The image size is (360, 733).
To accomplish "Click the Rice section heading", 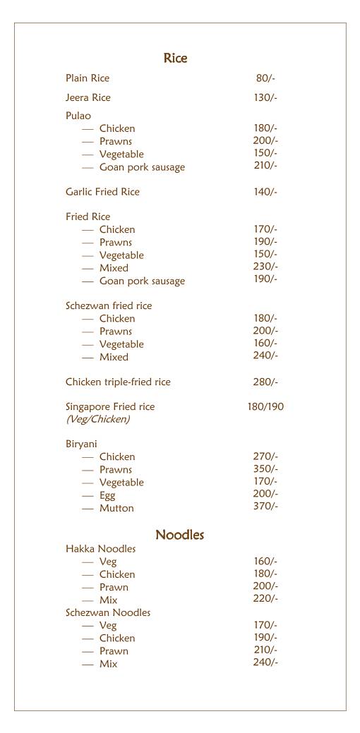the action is pyautogui.click(x=175, y=58).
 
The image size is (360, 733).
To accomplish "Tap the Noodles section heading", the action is pyautogui.click(x=179, y=535).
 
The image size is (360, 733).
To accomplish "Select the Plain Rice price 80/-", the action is pyautogui.click(x=265, y=78).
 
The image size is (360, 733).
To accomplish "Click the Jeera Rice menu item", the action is pyautogui.click(x=88, y=97).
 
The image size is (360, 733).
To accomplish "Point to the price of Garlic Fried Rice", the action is pyautogui.click(x=265, y=192).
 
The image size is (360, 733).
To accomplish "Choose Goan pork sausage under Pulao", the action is pyautogui.click(x=142, y=167).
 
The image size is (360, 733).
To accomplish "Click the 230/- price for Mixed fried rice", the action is pyautogui.click(x=265, y=267).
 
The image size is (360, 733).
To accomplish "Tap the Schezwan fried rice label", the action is pyautogui.click(x=109, y=305).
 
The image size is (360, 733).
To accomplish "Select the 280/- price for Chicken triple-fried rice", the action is pyautogui.click(x=265, y=382).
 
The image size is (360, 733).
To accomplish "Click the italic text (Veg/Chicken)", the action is pyautogui.click(x=97, y=419).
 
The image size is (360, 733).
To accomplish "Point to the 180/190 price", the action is pyautogui.click(x=265, y=407).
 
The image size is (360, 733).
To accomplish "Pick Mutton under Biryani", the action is pyautogui.click(x=116, y=508).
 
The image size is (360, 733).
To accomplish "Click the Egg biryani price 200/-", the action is pyautogui.click(x=265, y=494).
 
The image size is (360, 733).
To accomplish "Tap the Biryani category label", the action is pyautogui.click(x=81, y=444).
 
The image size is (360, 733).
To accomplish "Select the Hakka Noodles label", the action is pyautogui.click(x=101, y=549).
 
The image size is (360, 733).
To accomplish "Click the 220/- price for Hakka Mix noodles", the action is pyautogui.click(x=265, y=599).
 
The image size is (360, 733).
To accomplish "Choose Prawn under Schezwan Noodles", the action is pyautogui.click(x=114, y=651).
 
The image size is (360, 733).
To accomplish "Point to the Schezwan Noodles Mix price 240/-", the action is pyautogui.click(x=265, y=662).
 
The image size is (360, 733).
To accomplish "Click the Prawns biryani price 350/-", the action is pyautogui.click(x=265, y=469).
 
